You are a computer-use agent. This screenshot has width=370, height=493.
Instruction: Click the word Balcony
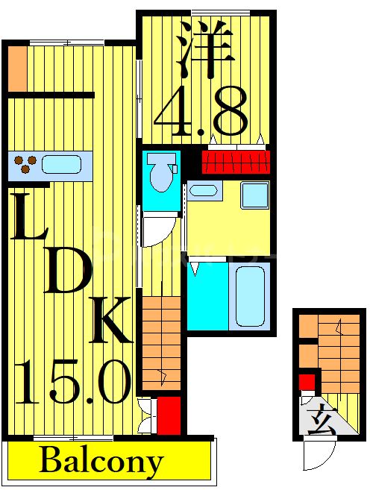101,461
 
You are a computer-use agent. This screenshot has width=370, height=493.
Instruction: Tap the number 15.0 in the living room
72,380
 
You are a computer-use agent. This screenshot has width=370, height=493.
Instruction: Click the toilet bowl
159,174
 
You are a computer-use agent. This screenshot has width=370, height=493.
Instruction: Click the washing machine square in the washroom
254,195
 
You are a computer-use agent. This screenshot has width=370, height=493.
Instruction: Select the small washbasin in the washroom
202,190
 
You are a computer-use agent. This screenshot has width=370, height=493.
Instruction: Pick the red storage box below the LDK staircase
169,415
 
